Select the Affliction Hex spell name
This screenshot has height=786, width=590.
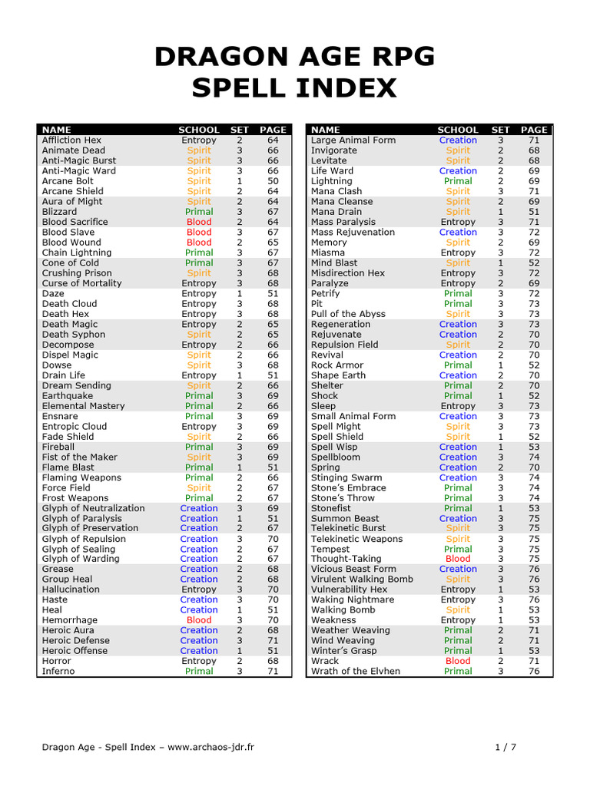71,140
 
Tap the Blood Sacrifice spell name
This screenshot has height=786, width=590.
75,222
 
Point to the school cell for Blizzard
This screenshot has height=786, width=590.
199,212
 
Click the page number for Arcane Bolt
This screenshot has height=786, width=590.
273,181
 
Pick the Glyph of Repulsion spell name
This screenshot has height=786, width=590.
84,539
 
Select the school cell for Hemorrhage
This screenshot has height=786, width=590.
199,620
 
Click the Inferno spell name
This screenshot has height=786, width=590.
58,671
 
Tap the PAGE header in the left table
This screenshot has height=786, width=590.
273,130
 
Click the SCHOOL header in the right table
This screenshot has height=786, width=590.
458,130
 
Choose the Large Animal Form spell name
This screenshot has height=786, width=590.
353,140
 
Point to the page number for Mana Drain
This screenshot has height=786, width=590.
534,212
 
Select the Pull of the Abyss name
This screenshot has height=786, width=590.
348,314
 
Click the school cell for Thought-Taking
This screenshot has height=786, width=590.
458,559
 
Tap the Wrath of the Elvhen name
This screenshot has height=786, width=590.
356,671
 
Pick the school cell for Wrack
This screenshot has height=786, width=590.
458,661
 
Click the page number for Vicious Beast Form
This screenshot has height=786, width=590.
534,569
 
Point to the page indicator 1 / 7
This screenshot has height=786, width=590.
508,747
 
